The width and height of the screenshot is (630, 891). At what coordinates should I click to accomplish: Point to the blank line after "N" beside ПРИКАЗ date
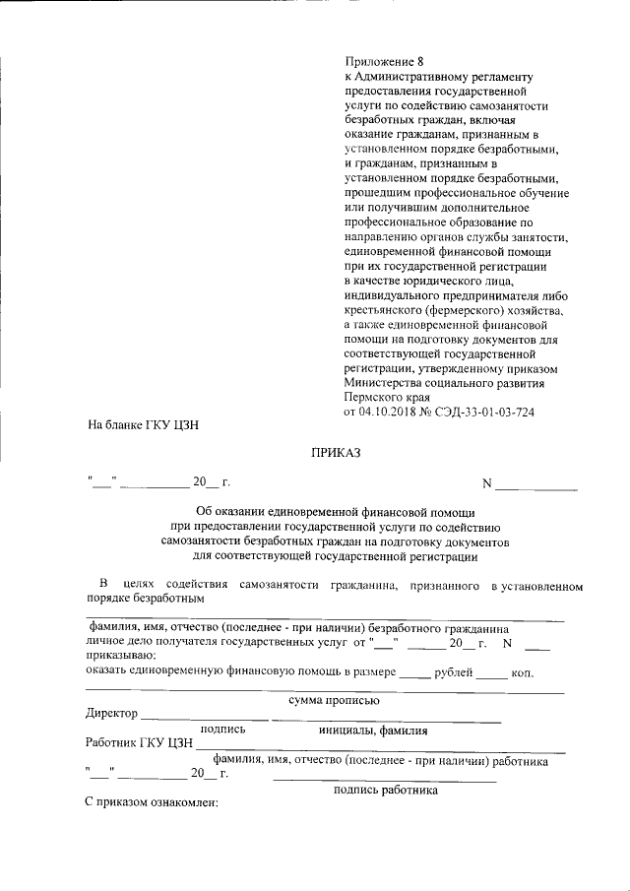click(535, 484)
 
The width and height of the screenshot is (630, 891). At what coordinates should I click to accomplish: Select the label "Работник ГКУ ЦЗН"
click(137, 744)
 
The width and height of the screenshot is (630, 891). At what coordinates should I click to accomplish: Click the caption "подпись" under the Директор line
click(221, 731)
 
